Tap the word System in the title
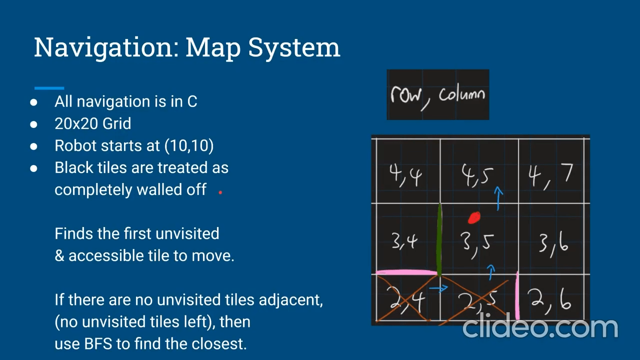click(294, 47)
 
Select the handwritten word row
click(405, 94)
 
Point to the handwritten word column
click(462, 94)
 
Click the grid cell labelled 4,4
click(408, 171)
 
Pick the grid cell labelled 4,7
click(551, 171)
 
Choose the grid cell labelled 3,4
click(407, 239)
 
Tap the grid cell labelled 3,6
click(551, 239)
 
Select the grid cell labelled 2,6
click(551, 297)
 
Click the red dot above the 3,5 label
click(474, 217)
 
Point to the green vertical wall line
click(439, 239)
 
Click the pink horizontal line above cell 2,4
click(406, 272)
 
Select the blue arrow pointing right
click(438, 288)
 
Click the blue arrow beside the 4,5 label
click(498, 198)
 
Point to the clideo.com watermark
click(540, 327)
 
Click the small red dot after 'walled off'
click(220, 192)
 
